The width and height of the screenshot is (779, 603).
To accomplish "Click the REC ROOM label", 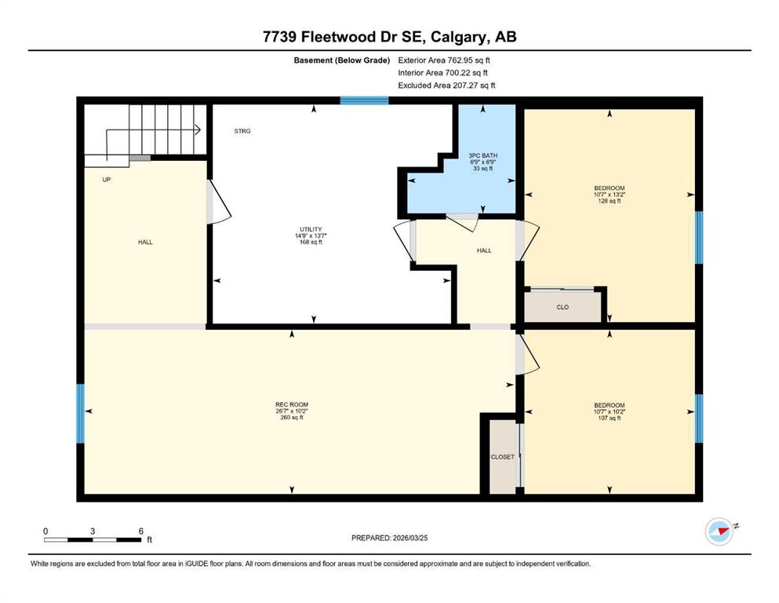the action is click(x=292, y=411).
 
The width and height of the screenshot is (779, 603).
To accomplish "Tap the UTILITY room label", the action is click(x=311, y=236).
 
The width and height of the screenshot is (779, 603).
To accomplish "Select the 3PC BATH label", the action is click(x=483, y=162).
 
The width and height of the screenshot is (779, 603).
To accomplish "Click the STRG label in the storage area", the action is click(x=242, y=131).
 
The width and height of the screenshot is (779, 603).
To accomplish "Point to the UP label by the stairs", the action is click(x=107, y=180).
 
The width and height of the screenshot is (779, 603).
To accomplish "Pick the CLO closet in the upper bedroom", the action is click(x=562, y=307).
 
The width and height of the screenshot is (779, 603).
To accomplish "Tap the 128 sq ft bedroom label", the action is click(x=609, y=195).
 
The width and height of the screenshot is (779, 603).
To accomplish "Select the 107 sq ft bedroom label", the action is click(x=609, y=411).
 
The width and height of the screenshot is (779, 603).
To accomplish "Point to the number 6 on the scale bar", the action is click(x=141, y=531).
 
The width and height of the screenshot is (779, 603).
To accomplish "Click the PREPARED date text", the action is click(x=389, y=538).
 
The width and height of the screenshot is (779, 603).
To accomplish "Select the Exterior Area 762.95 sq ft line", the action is click(x=444, y=60).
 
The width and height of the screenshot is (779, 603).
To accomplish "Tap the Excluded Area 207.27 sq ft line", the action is click(x=446, y=85).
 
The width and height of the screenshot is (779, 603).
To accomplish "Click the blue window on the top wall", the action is click(x=364, y=100).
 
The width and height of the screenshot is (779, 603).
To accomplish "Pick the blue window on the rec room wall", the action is click(x=81, y=414).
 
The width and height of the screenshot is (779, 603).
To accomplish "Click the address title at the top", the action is click(x=389, y=37).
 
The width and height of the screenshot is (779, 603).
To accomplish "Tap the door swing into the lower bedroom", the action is click(x=528, y=354).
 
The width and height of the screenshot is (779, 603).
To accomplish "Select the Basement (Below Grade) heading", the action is click(x=342, y=60).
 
